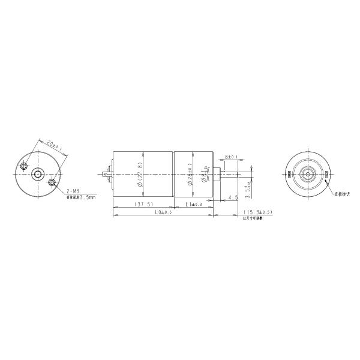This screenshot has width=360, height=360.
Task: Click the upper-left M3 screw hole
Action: pyautogui.click(x=25, y=165)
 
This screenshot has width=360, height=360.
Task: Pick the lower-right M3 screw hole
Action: pyautogui.click(x=52, y=182)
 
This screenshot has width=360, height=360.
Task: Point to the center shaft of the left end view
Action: pyautogui.click(x=38, y=174)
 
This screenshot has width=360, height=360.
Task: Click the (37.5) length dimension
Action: pyautogui.click(x=143, y=204)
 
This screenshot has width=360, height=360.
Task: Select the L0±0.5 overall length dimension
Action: pyautogui.click(x=163, y=212)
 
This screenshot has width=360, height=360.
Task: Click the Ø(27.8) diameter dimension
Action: pyautogui.click(x=140, y=174)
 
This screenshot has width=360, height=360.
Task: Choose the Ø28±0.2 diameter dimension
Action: pyautogui.click(x=190, y=174)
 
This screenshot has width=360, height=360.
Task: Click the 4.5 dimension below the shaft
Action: pyautogui.click(x=233, y=197)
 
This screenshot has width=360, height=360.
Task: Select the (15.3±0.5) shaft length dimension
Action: pyautogui.click(x=258, y=212)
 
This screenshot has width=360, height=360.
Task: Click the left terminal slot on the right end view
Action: pyautogui.click(x=289, y=174)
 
